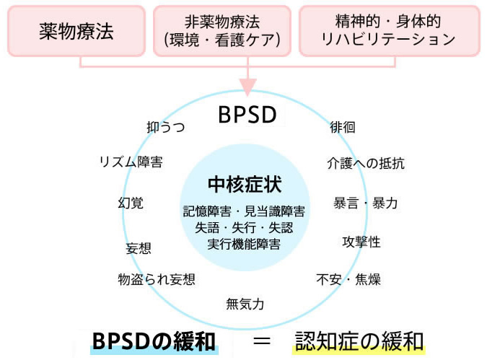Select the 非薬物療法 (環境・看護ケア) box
click(x=221, y=31)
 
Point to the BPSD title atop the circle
click(x=247, y=115)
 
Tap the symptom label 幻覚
click(x=130, y=203)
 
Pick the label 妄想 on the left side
click(x=139, y=248)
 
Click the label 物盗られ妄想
click(x=157, y=279)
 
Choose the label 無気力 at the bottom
click(x=245, y=304)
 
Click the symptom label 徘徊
click(x=342, y=128)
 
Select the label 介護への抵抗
click(x=366, y=163)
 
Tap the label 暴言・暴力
click(x=365, y=203)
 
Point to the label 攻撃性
click(x=361, y=242)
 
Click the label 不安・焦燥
click(x=348, y=279)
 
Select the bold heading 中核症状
click(x=244, y=183)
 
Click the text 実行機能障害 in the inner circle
click(x=244, y=244)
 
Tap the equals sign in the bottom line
click(x=261, y=339)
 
